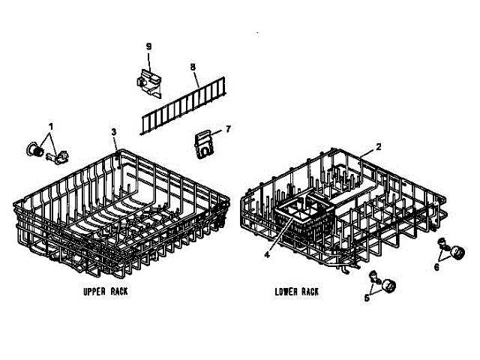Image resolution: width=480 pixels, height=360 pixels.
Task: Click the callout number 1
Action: click(x=51, y=124)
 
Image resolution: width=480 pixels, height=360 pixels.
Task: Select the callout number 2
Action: click(x=379, y=146)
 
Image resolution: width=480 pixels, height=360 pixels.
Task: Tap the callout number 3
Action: click(x=114, y=132)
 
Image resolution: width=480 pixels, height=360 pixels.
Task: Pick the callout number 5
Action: click(x=367, y=298)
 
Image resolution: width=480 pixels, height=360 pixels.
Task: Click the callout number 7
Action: click(x=228, y=128)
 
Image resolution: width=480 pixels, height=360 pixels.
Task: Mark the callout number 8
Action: click(x=193, y=67)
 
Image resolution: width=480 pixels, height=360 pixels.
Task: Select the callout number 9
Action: click(x=148, y=46)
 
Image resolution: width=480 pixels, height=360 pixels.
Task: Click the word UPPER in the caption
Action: click(x=94, y=290)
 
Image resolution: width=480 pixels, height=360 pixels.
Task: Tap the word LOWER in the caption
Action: click(x=286, y=291)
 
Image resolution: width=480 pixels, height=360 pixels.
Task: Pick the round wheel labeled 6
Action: click(x=460, y=251)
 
